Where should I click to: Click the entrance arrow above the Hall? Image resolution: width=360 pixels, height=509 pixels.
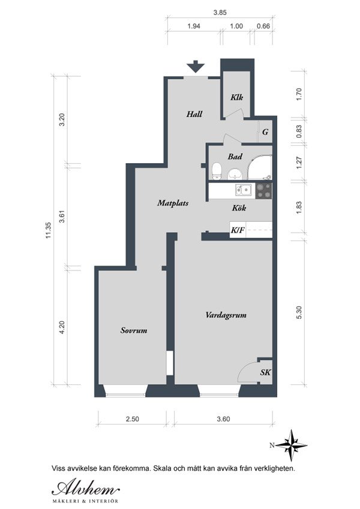[x=195, y=67]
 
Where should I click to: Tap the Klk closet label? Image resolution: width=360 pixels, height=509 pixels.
[x=237, y=97]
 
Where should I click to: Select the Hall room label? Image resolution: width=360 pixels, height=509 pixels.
[x=194, y=114]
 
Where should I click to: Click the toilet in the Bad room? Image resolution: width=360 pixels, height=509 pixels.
[x=217, y=171]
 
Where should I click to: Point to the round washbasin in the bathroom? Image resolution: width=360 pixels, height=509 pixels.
[x=234, y=174]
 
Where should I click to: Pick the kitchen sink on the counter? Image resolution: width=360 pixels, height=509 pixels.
[x=244, y=190]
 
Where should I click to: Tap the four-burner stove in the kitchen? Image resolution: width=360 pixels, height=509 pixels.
[x=263, y=191]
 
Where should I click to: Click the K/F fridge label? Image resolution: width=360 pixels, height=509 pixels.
[x=238, y=230]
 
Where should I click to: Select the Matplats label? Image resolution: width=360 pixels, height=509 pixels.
[x=173, y=203]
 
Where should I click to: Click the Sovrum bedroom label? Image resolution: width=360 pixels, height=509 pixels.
[x=134, y=330]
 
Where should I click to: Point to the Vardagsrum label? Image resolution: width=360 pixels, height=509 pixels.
[x=226, y=315]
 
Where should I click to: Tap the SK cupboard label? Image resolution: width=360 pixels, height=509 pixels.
[x=265, y=372]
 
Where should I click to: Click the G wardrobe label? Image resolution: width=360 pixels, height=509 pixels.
[x=265, y=132]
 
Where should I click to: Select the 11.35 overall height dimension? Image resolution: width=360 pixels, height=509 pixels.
[x=49, y=230]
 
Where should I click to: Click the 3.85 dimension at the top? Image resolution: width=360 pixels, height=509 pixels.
[x=220, y=13]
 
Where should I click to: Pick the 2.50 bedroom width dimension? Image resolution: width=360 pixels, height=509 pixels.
[x=132, y=419]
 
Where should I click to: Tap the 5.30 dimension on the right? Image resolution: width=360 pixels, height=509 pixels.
[x=299, y=312]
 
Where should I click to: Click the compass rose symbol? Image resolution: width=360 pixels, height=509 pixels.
[x=291, y=445]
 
